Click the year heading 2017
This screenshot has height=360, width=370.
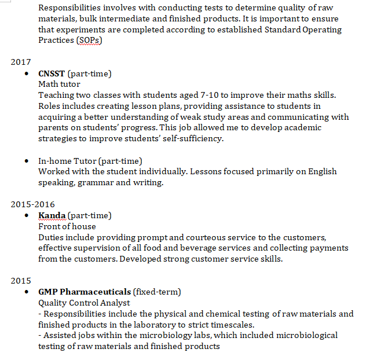tap(21, 62)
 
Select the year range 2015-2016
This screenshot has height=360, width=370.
tap(32, 204)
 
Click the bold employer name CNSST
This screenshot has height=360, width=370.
tap(52, 74)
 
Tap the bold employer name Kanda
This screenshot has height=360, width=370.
tap(52, 216)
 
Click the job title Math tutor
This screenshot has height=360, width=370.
tap(58, 84)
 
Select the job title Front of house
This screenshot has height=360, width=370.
tap(67, 226)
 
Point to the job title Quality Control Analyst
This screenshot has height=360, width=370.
tap(84, 303)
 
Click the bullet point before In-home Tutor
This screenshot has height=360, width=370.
tap(27, 161)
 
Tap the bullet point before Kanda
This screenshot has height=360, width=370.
tap(27, 216)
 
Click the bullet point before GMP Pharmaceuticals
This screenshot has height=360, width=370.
tap(27, 292)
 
